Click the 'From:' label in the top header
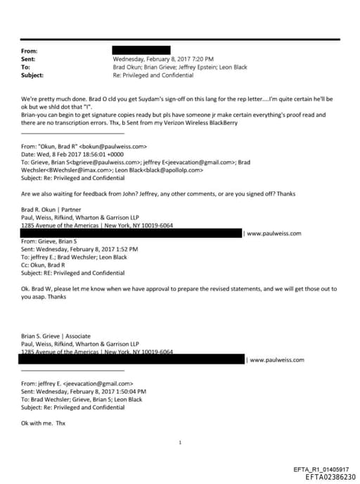point(30,51)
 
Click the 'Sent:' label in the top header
point(30,59)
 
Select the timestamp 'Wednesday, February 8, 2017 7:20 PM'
point(163,59)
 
